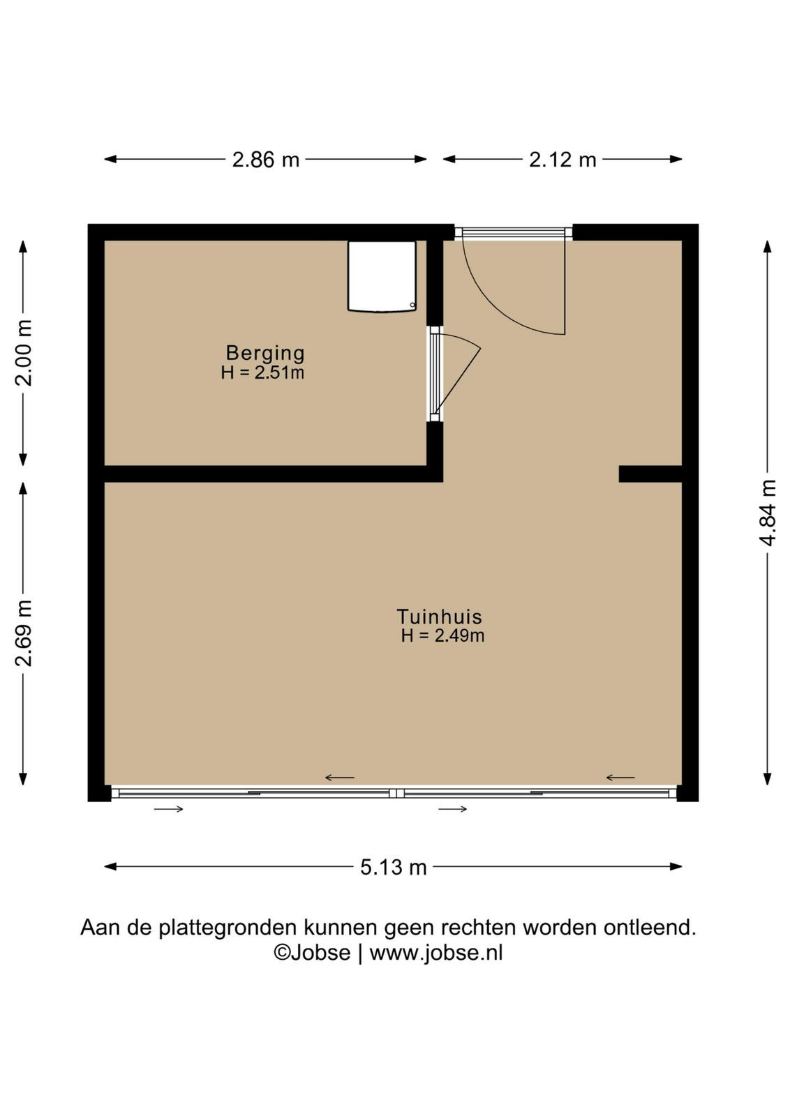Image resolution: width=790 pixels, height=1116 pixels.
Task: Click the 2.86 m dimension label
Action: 266,160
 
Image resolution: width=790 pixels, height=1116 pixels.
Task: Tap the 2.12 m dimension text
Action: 562,160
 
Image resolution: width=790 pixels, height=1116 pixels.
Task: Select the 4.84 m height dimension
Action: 768,513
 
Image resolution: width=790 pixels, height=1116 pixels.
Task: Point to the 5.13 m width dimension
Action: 394,868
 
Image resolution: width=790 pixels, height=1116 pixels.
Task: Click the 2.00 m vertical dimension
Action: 23,353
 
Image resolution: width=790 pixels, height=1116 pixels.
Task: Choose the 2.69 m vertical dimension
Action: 23,633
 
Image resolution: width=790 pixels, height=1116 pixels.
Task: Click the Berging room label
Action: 265,353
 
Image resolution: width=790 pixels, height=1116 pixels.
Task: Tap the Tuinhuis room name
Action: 439,617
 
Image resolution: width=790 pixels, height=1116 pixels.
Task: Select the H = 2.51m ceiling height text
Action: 262,372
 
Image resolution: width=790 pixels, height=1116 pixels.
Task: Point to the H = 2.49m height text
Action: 442,635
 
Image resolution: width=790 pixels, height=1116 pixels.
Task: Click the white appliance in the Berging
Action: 382,276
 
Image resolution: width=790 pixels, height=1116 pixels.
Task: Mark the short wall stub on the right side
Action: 650,474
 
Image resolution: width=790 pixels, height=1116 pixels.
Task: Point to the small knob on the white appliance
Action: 412,306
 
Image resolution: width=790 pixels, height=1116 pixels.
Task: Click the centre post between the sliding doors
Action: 396,793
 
